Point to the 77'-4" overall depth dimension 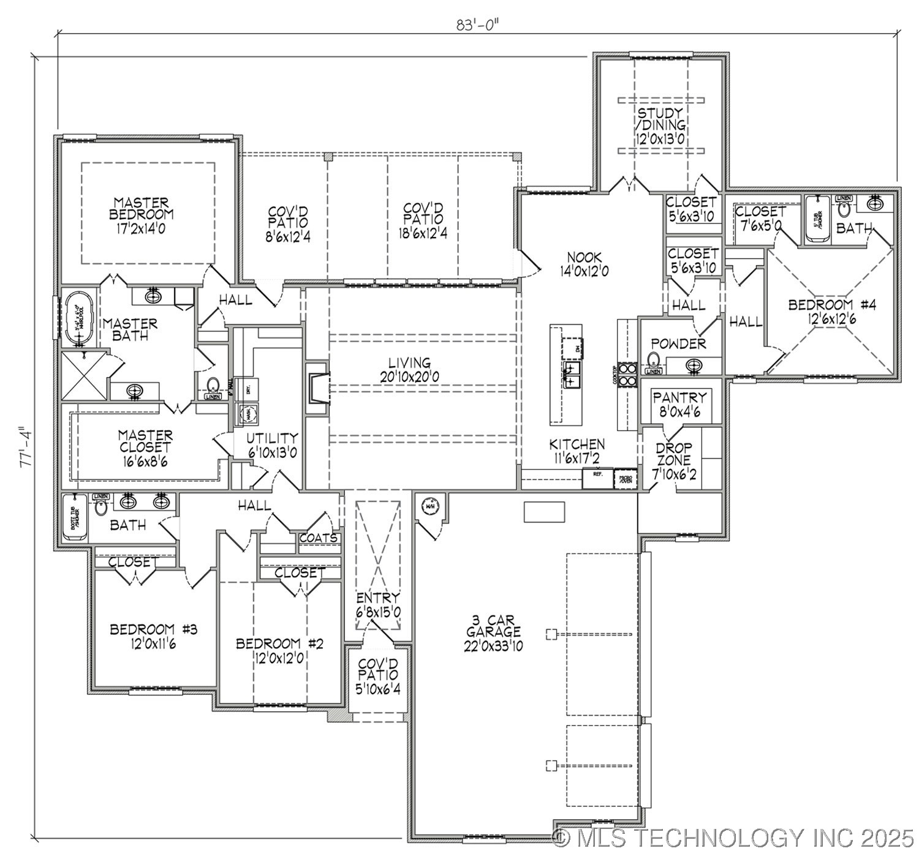click(x=25, y=448)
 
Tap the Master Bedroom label click(x=142, y=214)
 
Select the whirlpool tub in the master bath click(x=78, y=315)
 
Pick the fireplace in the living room click(x=317, y=388)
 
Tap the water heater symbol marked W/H click(x=429, y=506)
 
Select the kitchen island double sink click(x=572, y=375)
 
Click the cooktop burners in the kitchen click(x=627, y=375)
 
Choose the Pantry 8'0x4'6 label click(x=679, y=403)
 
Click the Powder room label click(x=678, y=343)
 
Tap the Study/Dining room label click(x=660, y=126)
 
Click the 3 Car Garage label click(x=494, y=633)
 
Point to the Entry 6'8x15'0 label click(x=378, y=604)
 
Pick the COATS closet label click(x=319, y=538)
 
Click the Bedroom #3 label click(x=153, y=635)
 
